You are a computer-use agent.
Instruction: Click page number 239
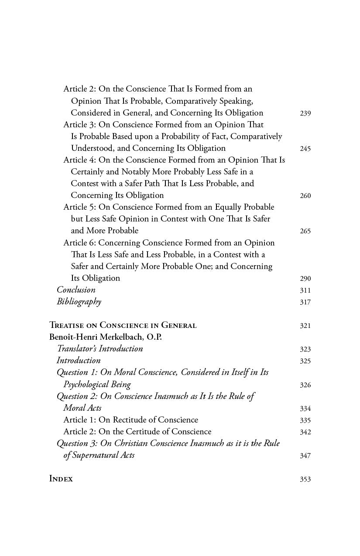tap(305, 113)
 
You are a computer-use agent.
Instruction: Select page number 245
tap(305, 149)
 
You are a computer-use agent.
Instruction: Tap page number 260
tap(305, 196)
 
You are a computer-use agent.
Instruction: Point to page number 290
tap(305, 279)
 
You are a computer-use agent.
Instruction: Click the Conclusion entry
tap(76, 290)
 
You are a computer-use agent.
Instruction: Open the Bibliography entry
tap(79, 302)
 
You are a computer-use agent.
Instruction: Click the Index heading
tap(61, 479)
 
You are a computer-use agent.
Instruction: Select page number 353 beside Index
tap(305, 479)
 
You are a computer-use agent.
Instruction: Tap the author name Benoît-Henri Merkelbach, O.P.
tap(105, 337)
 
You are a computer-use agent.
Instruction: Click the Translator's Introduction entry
tap(100, 349)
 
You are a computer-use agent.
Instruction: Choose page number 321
tap(305, 326)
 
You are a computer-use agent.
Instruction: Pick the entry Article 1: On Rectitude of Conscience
tap(130, 420)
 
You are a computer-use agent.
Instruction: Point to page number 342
tap(305, 432)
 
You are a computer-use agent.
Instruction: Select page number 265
tap(305, 231)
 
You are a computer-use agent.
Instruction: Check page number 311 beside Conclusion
tap(305, 290)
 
